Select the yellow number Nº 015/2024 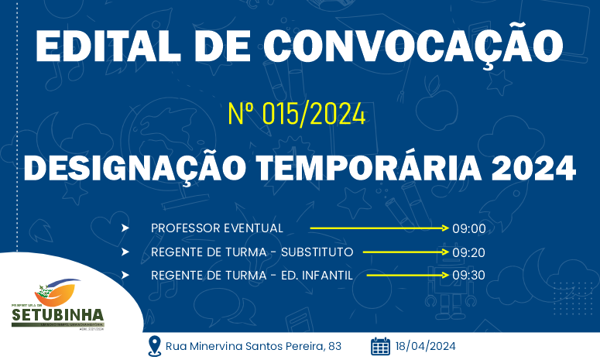click(x=297, y=114)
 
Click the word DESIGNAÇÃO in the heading click(x=137, y=166)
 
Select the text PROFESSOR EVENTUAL click(x=217, y=228)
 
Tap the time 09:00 click(x=468, y=228)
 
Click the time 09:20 click(x=468, y=252)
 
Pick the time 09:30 click(x=468, y=275)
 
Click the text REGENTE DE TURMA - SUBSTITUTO click(x=252, y=252)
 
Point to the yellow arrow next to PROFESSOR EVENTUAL click(x=379, y=228)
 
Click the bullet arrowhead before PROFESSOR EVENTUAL click(x=125, y=228)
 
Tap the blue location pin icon click(x=154, y=345)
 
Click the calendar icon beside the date click(x=380, y=345)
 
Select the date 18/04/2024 click(x=425, y=346)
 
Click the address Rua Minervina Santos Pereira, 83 click(x=253, y=346)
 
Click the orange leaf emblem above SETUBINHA click(x=58, y=293)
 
